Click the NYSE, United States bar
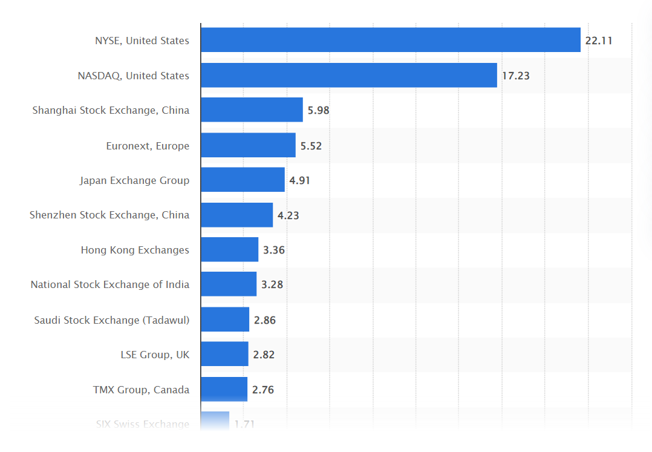click(x=390, y=40)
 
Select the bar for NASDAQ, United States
click(x=348, y=75)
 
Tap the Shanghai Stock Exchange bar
click(x=252, y=110)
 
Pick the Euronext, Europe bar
click(x=248, y=145)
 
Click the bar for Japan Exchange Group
click(x=243, y=180)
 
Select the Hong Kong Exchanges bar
click(x=229, y=249)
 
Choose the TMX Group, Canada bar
click(x=224, y=389)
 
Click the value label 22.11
click(x=599, y=41)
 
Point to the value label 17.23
click(x=515, y=76)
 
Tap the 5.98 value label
click(x=318, y=111)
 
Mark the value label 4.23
click(x=288, y=215)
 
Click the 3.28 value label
click(x=272, y=284)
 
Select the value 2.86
click(x=264, y=320)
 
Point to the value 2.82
click(x=264, y=355)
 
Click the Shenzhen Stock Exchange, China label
click(x=109, y=215)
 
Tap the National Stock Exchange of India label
click(x=110, y=284)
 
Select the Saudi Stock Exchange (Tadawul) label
click(x=112, y=320)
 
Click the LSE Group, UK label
click(x=155, y=355)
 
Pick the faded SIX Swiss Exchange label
click(x=143, y=424)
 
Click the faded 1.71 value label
click(x=244, y=424)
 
